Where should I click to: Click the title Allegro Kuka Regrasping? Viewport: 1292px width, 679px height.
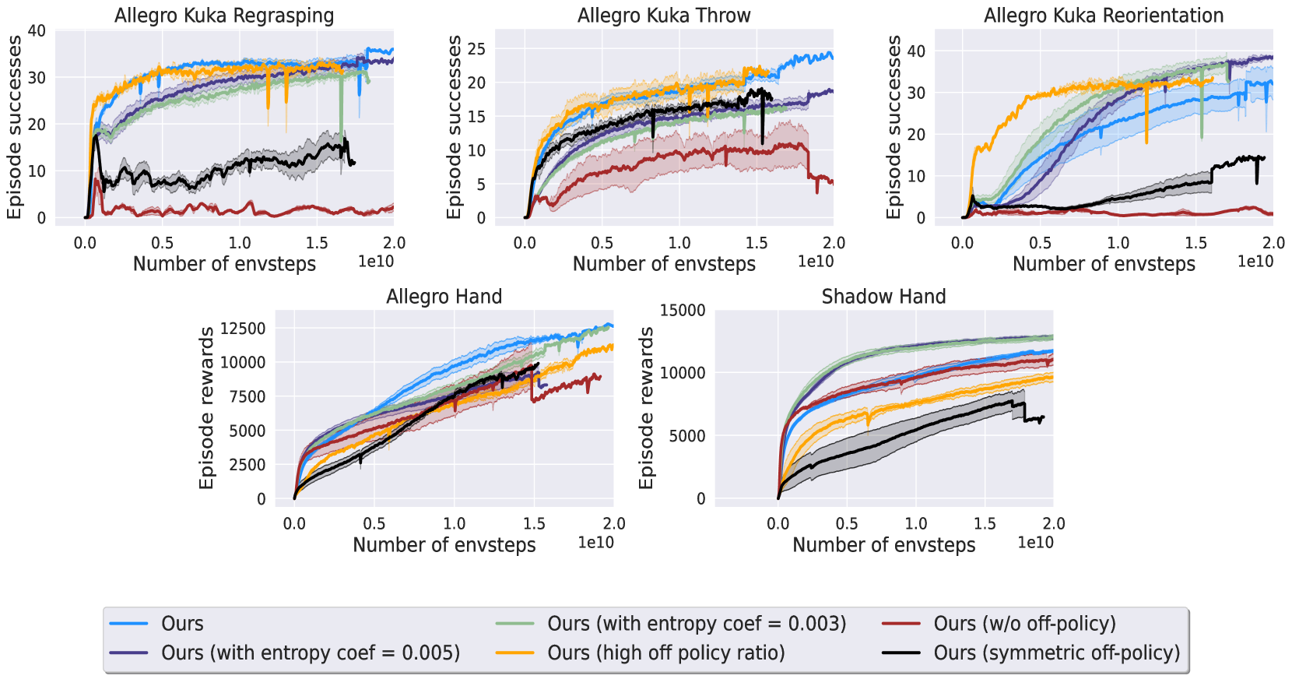(224, 16)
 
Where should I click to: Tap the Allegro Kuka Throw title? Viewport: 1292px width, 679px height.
(664, 16)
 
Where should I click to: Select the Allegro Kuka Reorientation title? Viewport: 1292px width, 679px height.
(1104, 16)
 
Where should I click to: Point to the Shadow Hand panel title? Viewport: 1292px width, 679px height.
(883, 297)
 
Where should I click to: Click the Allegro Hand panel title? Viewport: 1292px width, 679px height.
(444, 297)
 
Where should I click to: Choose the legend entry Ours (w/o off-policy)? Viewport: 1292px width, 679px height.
(1024, 624)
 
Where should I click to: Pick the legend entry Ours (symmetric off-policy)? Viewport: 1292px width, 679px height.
(1056, 653)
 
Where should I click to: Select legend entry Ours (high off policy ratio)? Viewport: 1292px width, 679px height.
(665, 653)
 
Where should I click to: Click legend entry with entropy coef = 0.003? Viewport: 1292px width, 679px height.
(696, 624)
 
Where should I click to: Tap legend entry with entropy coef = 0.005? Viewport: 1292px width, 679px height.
(310, 653)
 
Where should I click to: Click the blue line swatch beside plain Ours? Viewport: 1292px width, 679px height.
(128, 624)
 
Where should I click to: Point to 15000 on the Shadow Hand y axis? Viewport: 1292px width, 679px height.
(683, 311)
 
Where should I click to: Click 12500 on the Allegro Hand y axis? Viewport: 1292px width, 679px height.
(243, 329)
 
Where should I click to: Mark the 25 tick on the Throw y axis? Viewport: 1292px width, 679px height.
(476, 49)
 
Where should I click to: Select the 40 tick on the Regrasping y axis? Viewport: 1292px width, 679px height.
(37, 31)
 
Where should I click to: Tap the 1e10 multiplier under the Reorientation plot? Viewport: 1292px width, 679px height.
(1255, 262)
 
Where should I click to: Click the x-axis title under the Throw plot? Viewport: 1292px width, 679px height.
(664, 264)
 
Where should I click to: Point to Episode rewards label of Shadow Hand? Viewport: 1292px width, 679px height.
(646, 408)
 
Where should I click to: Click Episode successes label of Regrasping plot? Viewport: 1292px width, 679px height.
(14, 127)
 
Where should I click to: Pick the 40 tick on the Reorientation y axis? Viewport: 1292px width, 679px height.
(916, 51)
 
